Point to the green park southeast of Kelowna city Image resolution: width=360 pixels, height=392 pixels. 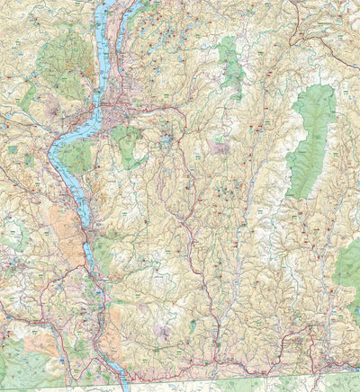(x=130, y=144)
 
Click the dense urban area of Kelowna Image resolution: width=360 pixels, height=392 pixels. (x=115, y=117)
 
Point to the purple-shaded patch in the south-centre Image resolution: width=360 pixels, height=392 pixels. (x=162, y=333)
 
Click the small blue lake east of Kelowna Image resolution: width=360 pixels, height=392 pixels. (x=166, y=139)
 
